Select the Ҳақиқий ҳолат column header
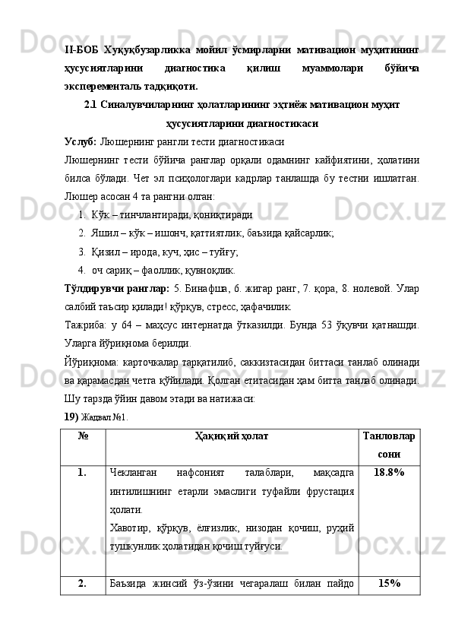(x=230, y=437)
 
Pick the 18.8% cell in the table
(x=389, y=474)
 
